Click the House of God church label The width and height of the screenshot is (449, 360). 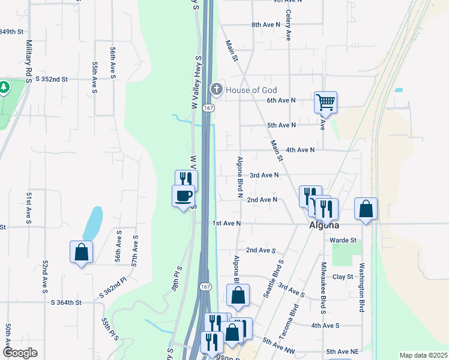(x=251, y=90)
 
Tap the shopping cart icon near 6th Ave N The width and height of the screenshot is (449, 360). (x=325, y=102)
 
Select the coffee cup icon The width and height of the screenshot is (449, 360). (x=184, y=196)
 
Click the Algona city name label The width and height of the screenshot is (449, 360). (x=324, y=226)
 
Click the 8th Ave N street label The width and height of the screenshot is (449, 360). (x=266, y=25)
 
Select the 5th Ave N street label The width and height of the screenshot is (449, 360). (x=282, y=125)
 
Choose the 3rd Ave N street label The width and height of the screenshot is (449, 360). (x=264, y=175)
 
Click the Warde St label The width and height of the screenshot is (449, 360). (x=343, y=240)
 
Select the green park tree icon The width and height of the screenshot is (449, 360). (x=4, y=88)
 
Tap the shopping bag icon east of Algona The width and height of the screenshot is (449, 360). (x=366, y=209)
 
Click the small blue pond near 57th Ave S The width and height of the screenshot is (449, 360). (x=92, y=223)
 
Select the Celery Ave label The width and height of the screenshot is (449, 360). (x=289, y=25)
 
